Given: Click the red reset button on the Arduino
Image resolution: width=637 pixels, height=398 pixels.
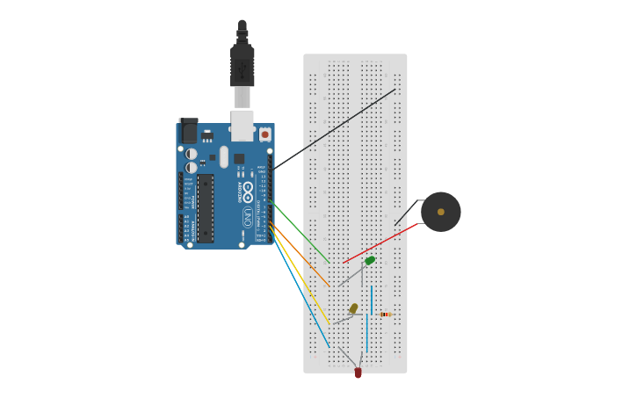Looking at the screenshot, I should pyautogui.click(x=264, y=134).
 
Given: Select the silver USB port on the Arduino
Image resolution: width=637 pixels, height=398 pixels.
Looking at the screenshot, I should pyautogui.click(x=242, y=125).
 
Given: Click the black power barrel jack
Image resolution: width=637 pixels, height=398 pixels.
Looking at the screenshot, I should pyautogui.click(x=188, y=131).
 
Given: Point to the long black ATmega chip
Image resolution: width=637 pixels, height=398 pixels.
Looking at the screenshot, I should pyautogui.click(x=205, y=208).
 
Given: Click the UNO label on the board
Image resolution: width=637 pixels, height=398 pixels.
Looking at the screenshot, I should pyautogui.click(x=248, y=217).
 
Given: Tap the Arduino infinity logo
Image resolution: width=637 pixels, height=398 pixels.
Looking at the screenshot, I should pyautogui.click(x=248, y=191).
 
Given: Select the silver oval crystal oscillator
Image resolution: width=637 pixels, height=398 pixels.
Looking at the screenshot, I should pyautogui.click(x=224, y=156).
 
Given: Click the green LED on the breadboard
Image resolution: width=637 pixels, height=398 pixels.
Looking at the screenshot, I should pyautogui.click(x=370, y=260).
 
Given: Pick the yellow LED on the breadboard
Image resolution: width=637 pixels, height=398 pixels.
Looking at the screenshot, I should pyautogui.click(x=353, y=308).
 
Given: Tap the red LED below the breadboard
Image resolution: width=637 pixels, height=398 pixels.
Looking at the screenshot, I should pyautogui.click(x=358, y=373).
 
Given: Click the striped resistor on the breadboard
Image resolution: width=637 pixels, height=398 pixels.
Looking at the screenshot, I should pyautogui.click(x=385, y=314).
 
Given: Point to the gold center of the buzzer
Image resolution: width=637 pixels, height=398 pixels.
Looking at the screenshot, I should pyautogui.click(x=441, y=212).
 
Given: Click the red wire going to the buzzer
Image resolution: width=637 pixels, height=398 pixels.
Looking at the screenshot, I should pyautogui.click(x=380, y=244).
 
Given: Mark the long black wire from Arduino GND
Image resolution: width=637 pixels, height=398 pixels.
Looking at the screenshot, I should pyautogui.click(x=334, y=128).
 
